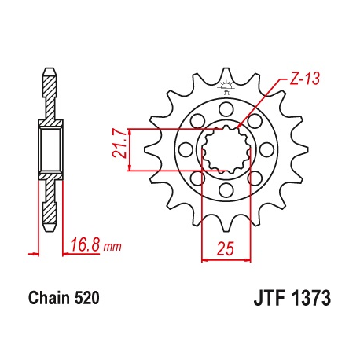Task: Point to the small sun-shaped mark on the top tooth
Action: click(x=226, y=84)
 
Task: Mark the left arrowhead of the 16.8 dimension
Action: click(x=35, y=253)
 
